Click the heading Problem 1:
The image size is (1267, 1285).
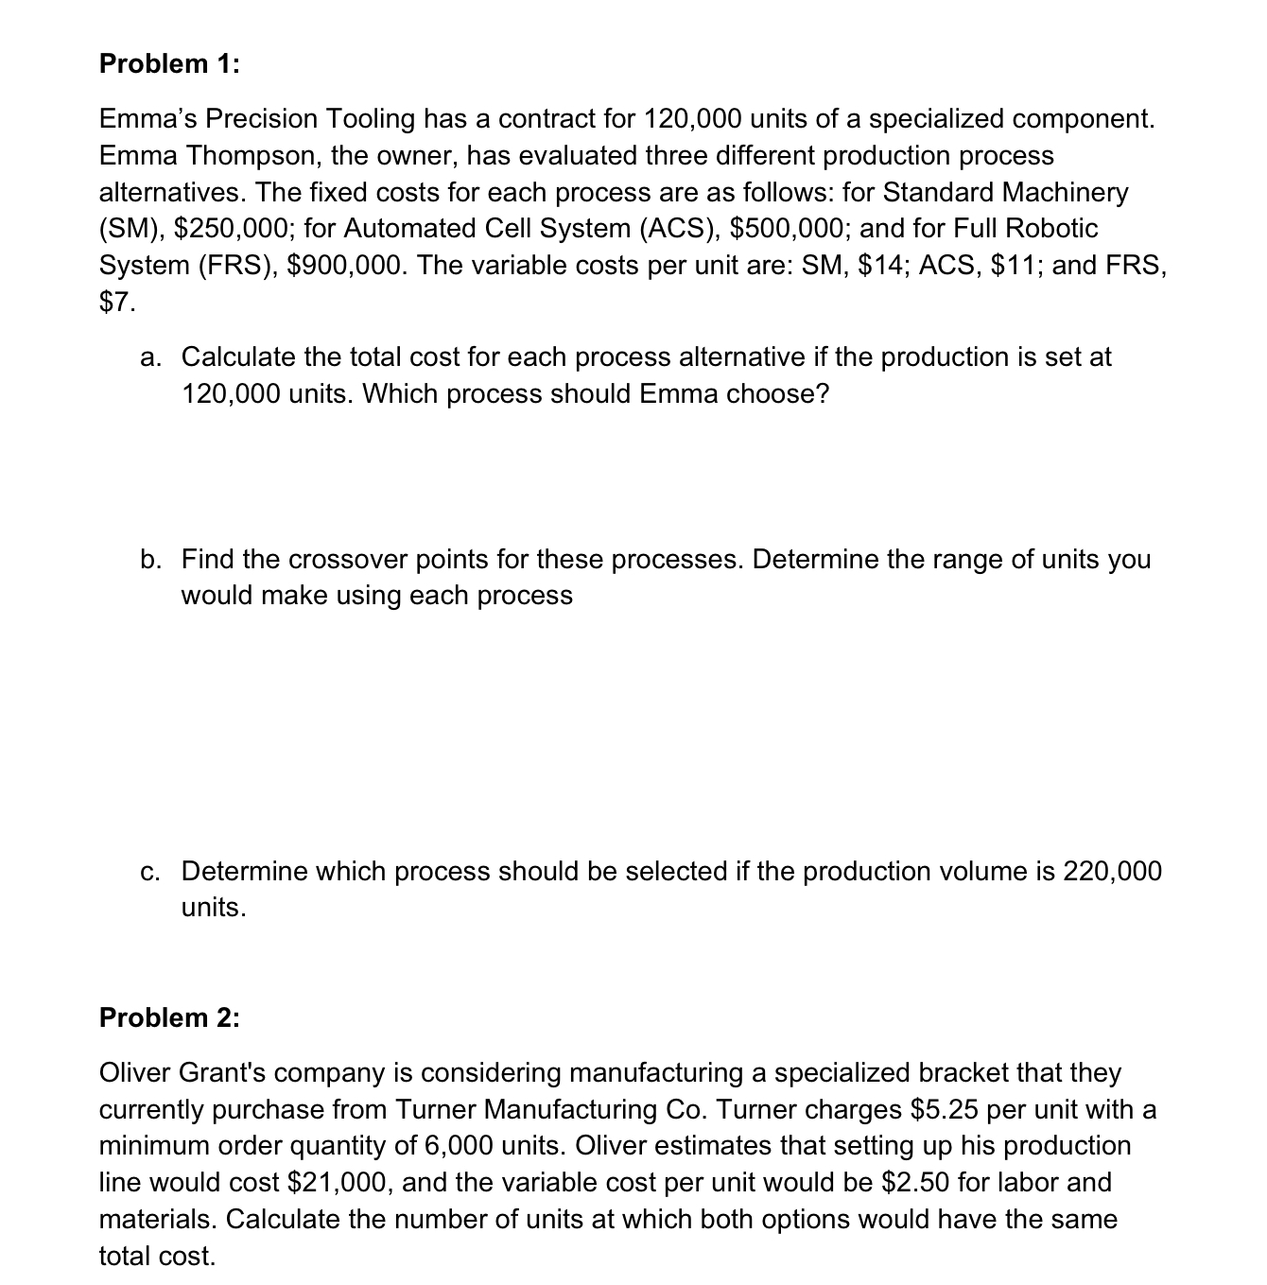click(169, 63)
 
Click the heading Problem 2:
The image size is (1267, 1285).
click(169, 1017)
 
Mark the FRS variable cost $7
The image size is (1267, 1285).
click(117, 302)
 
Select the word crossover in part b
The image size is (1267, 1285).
click(348, 559)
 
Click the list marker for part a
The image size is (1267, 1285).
click(150, 357)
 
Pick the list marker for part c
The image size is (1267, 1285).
click(150, 871)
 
